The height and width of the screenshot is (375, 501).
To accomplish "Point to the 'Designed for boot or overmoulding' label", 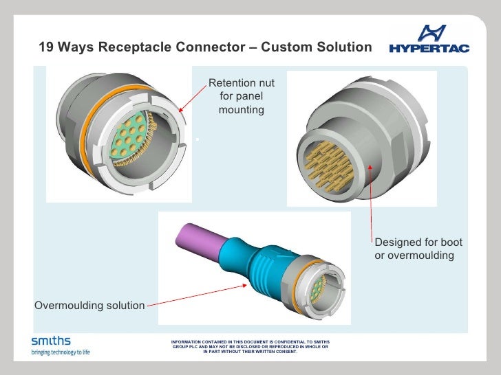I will point(418,249).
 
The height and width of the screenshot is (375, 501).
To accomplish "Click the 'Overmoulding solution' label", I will point(89,305).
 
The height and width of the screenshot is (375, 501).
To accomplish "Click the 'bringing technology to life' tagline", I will point(61,352).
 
